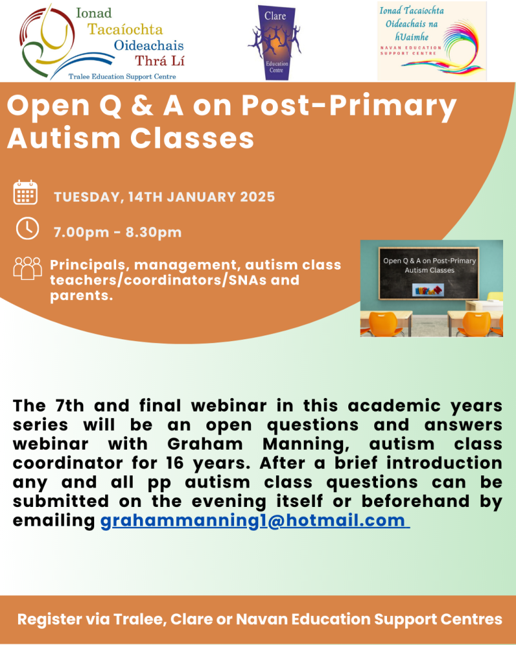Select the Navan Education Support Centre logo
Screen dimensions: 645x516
pos(432,41)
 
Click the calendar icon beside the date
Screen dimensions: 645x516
pos(26,193)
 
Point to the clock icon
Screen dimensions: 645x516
pos(27,228)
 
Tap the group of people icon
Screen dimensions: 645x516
pos(27,268)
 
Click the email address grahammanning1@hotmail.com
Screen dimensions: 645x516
pos(254,521)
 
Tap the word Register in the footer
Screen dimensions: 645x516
pos(48,620)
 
